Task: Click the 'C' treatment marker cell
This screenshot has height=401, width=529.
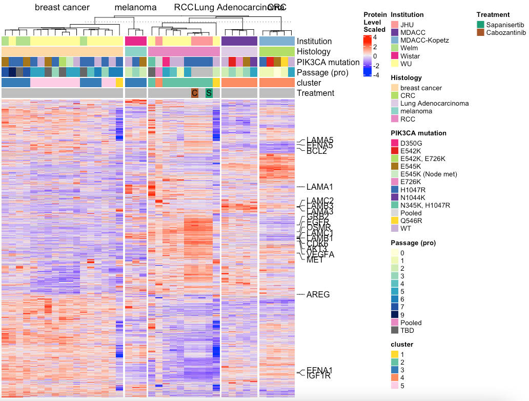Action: (x=194, y=93)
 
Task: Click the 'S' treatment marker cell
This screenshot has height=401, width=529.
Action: (x=209, y=93)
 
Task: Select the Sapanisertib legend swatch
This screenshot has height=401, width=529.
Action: (x=480, y=25)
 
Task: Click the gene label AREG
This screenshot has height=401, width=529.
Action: (x=318, y=294)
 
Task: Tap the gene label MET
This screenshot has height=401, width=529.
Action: (x=315, y=260)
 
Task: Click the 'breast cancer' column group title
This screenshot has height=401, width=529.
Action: (x=62, y=7)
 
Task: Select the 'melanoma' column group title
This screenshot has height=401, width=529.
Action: (x=135, y=7)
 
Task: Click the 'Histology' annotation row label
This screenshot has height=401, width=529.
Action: (x=314, y=52)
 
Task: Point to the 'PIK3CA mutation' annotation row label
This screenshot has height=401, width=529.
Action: (x=329, y=62)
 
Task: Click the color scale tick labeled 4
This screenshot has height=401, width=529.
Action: (x=375, y=37)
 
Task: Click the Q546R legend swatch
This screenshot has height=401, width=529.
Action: (x=395, y=220)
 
